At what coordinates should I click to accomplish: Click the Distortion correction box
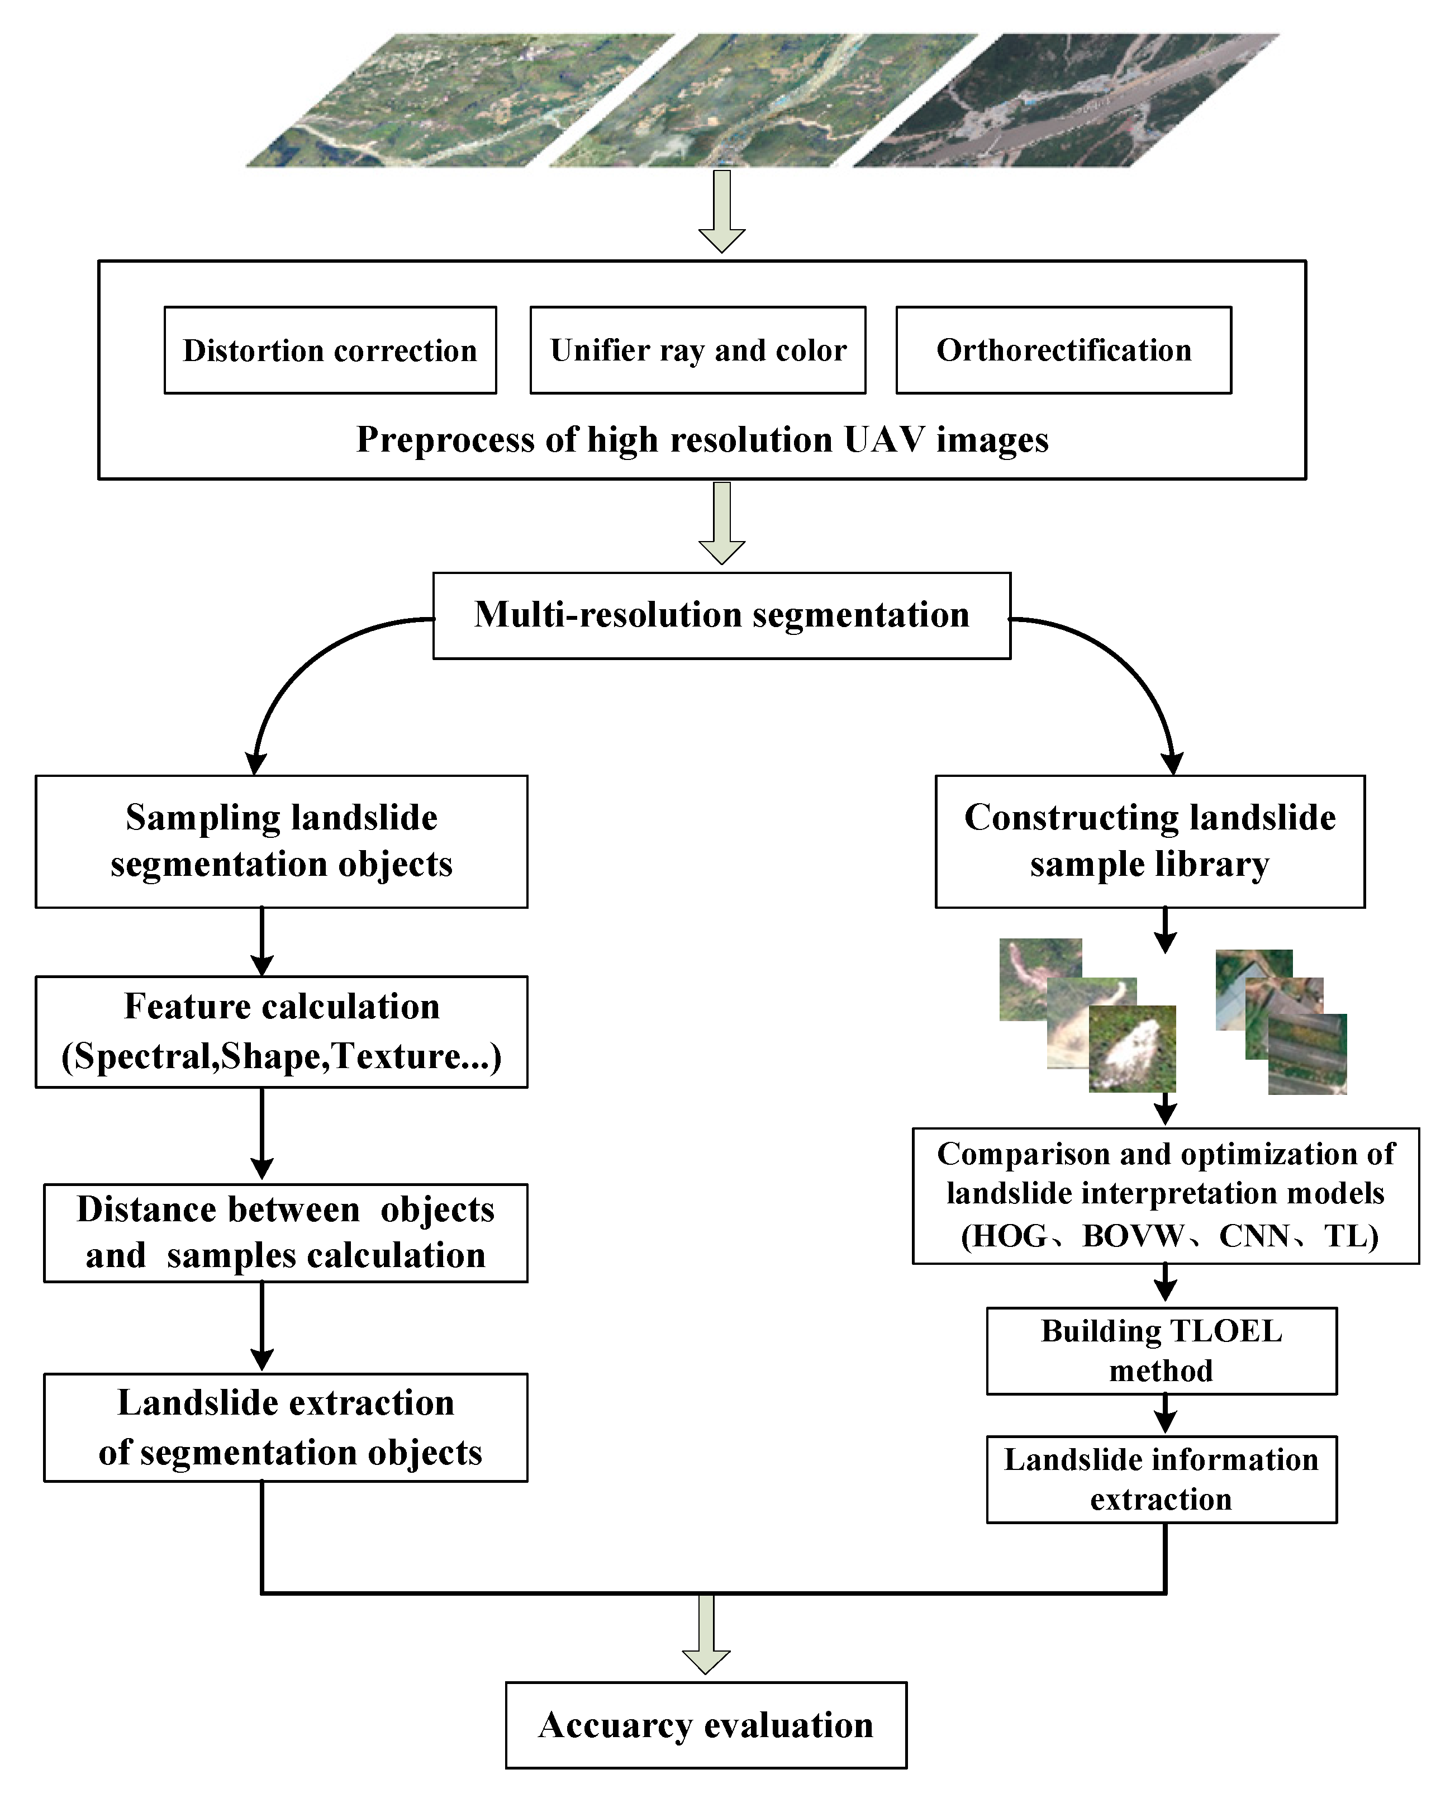(330, 350)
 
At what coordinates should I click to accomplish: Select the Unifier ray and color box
(697, 350)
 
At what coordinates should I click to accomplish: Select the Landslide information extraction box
(1161, 1479)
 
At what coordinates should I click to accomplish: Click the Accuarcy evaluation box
(706, 1725)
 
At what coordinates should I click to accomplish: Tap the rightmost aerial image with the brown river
(1064, 101)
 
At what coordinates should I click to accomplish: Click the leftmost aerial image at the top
(461, 101)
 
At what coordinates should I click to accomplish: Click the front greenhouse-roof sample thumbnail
(1307, 1055)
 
